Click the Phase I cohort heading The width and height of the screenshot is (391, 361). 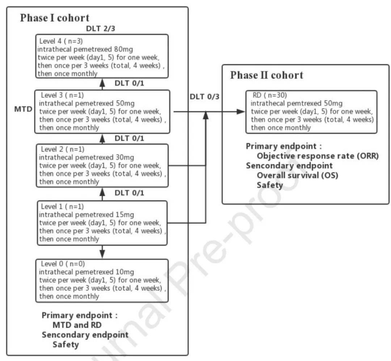point(55,18)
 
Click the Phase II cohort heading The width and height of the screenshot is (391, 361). point(266,75)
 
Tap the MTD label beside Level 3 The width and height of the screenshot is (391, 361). point(23,109)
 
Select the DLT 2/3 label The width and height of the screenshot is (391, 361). point(101,29)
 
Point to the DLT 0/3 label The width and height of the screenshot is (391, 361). point(205,97)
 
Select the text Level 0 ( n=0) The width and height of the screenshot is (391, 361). point(63,264)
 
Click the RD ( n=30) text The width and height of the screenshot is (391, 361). point(270,95)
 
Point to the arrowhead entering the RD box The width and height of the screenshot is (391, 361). point(241,112)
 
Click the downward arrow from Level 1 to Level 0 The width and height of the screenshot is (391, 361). point(102,252)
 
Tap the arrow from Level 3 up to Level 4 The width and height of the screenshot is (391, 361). point(102,84)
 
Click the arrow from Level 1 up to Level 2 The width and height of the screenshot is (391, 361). point(102,194)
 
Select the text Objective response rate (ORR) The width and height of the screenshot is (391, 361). point(318,156)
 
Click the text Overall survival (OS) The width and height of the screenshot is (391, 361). point(298,175)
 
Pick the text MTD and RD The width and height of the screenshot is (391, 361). point(77,325)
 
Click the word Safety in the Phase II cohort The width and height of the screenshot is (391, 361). point(270,185)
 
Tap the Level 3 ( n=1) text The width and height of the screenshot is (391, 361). point(62,95)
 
